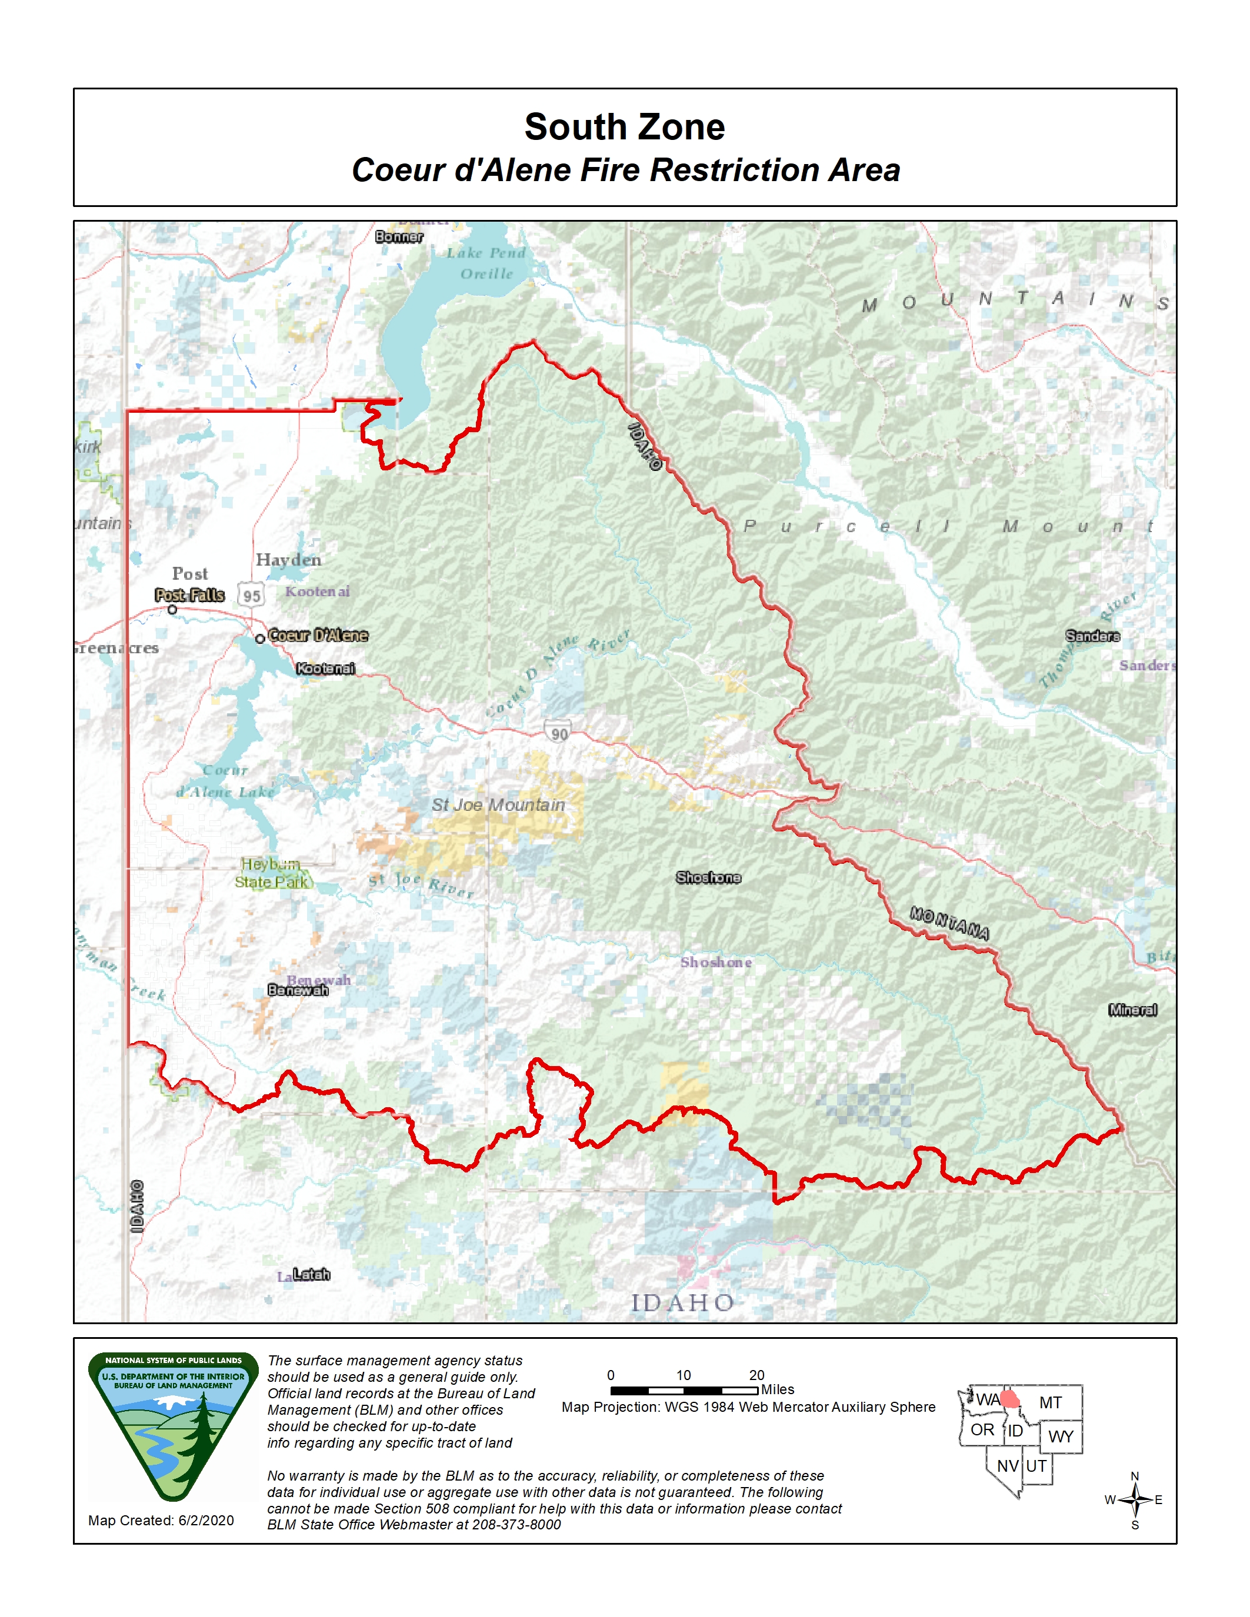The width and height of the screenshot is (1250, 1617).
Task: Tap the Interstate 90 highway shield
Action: pos(558,732)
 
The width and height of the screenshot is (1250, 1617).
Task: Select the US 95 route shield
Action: pos(251,594)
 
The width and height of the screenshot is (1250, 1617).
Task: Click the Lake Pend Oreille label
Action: pos(486,263)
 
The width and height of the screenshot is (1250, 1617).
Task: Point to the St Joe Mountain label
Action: pos(498,805)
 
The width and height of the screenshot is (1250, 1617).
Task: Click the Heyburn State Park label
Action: pos(272,874)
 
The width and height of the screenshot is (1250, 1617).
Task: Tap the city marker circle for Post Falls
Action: pos(172,609)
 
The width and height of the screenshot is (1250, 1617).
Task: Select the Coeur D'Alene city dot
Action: pos(260,638)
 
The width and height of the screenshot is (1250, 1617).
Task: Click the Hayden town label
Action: pos(288,560)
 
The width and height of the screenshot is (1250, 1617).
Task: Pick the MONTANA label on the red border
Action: pos(949,923)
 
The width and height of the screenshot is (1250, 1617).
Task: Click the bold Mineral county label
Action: pos(1132,1010)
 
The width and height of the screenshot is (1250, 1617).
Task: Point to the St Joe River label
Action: pos(421,885)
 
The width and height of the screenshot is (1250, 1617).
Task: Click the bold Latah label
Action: pos(311,1274)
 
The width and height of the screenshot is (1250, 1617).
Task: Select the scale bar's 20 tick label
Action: pos(756,1375)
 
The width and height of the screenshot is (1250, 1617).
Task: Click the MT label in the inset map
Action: pos(1049,1402)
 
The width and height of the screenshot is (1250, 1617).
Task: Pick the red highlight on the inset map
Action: pos(1009,1399)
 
